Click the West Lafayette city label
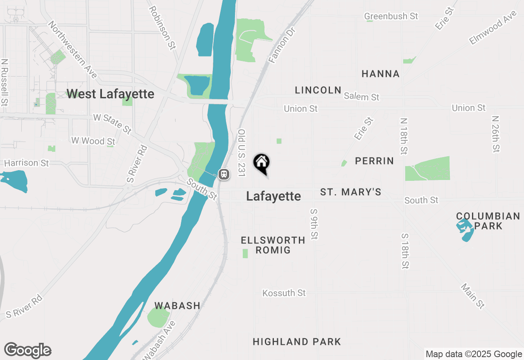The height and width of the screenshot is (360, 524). (110, 94)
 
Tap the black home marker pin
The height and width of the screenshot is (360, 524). (261, 163)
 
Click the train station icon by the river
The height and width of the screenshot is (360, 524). (224, 174)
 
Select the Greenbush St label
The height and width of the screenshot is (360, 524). (391, 16)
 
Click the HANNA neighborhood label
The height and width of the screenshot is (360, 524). (381, 74)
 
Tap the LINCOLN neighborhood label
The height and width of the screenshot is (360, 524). (318, 90)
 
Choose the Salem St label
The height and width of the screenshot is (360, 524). (361, 97)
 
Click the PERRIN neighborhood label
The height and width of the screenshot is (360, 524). (374, 161)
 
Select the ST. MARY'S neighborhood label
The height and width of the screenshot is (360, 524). (350, 192)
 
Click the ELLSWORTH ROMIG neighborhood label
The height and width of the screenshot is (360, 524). (273, 245)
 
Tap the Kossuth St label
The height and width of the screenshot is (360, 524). (284, 293)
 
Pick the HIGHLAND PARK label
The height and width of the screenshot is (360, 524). (297, 342)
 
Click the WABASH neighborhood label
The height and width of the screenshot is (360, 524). (177, 306)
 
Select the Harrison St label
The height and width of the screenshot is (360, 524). (26, 163)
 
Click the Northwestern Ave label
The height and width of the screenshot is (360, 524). (72, 49)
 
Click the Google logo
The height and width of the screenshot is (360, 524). (27, 351)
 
